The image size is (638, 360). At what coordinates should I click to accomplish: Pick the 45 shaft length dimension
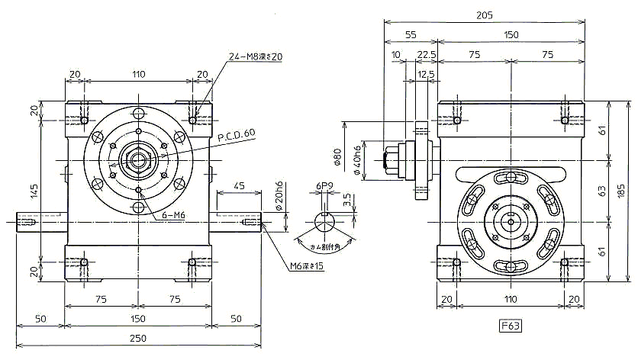239,185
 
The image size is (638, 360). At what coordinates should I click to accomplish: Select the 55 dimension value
411,34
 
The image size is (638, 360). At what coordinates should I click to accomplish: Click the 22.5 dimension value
427,55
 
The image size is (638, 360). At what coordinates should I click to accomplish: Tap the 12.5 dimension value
426,73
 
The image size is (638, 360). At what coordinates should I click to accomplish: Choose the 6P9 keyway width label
324,185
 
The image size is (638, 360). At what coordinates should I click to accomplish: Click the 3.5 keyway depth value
346,199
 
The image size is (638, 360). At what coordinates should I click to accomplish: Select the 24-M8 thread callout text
256,56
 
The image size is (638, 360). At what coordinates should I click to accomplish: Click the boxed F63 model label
510,327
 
